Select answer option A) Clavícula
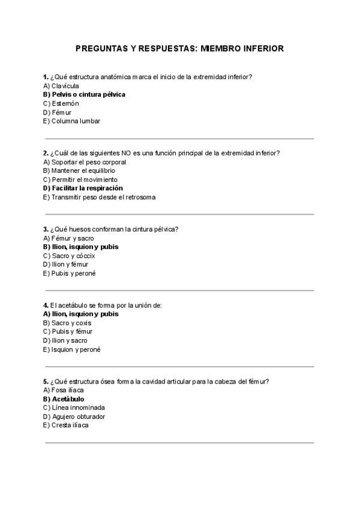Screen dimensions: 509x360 pyautogui.click(x=61, y=86)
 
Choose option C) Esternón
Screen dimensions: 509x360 pyautogui.click(x=61, y=103)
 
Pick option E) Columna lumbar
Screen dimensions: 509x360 pyautogui.click(x=71, y=121)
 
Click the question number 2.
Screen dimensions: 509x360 pyautogui.click(x=46, y=153)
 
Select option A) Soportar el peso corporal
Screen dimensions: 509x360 pyautogui.click(x=85, y=162)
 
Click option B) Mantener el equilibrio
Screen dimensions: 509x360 pyautogui.click(x=79, y=170)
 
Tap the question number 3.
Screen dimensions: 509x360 pyautogui.click(x=46, y=229)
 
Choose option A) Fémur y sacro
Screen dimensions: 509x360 pyautogui.click(x=69, y=238)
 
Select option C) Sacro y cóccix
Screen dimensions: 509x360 pyautogui.click(x=69, y=256)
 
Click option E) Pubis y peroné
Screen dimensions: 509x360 pyautogui.click(x=70, y=273)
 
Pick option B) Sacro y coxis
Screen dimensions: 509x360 pyautogui.click(x=67, y=323)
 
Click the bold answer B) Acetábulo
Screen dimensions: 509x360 pyautogui.click(x=64, y=399)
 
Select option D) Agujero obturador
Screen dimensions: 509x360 pyautogui.click(x=74, y=417)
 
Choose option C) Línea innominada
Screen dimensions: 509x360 pyautogui.click(x=74, y=408)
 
